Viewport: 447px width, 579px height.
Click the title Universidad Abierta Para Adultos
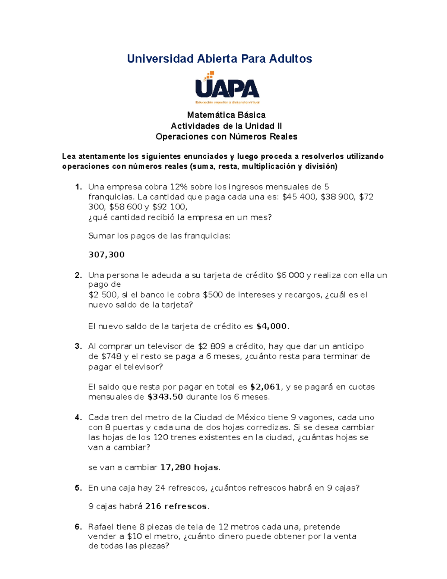219,59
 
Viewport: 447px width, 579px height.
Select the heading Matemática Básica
226,115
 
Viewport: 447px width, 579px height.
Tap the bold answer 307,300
106,255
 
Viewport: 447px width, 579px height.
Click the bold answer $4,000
272,326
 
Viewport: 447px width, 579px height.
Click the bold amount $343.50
165,397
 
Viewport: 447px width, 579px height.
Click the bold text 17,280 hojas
189,467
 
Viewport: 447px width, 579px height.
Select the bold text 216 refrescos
176,506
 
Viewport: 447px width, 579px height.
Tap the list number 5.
78,488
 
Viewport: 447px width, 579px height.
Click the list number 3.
78,346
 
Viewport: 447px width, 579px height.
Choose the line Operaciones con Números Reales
226,136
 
